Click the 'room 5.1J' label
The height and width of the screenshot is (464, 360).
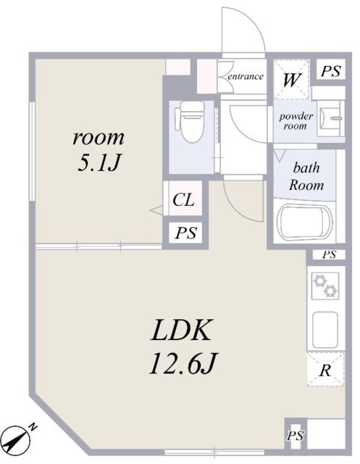point(98,149)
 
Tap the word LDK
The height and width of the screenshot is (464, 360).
point(180,332)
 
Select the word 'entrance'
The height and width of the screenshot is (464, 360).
point(245,76)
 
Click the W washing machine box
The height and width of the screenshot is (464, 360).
point(291,79)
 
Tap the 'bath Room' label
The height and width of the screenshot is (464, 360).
point(306,175)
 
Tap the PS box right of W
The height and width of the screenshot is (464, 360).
point(330,71)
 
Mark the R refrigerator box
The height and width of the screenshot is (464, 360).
point(326,371)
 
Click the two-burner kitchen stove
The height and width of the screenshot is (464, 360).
point(324,286)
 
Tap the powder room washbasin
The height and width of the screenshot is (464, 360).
point(330,117)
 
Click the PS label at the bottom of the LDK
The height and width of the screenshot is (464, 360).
point(295,435)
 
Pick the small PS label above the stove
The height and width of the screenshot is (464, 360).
point(329,254)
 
